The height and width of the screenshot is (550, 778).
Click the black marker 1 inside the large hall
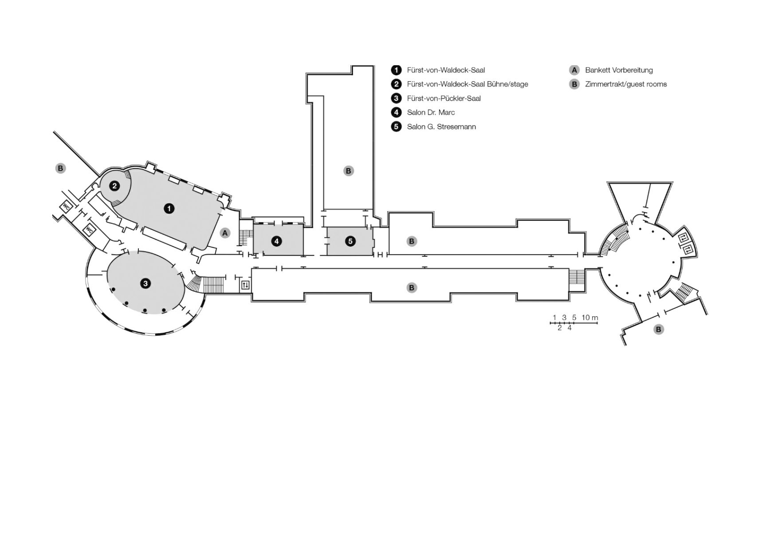point(169,208)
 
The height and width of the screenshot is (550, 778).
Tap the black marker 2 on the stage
point(114,186)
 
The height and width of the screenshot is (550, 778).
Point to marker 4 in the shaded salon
point(277,241)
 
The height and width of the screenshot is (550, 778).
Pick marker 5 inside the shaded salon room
point(350,241)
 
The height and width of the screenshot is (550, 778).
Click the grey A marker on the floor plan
point(225,233)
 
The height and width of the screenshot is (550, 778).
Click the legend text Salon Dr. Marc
point(431,113)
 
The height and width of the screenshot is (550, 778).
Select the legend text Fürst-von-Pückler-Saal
point(444,98)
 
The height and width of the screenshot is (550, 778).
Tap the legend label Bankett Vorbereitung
point(619,70)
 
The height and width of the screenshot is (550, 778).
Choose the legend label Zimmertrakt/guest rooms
point(626,84)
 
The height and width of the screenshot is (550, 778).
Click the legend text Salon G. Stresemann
point(441,127)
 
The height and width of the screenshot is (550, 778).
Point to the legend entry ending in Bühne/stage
point(468,84)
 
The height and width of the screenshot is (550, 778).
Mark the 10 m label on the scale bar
point(590,318)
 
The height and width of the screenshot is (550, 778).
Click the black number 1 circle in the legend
point(396,70)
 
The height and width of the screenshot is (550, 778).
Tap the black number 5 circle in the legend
point(396,127)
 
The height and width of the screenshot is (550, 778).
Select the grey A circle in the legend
point(574,70)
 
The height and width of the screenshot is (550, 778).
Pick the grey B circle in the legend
point(574,84)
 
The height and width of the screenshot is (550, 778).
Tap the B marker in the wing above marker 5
point(348,171)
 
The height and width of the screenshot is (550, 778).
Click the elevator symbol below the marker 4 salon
point(245,285)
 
